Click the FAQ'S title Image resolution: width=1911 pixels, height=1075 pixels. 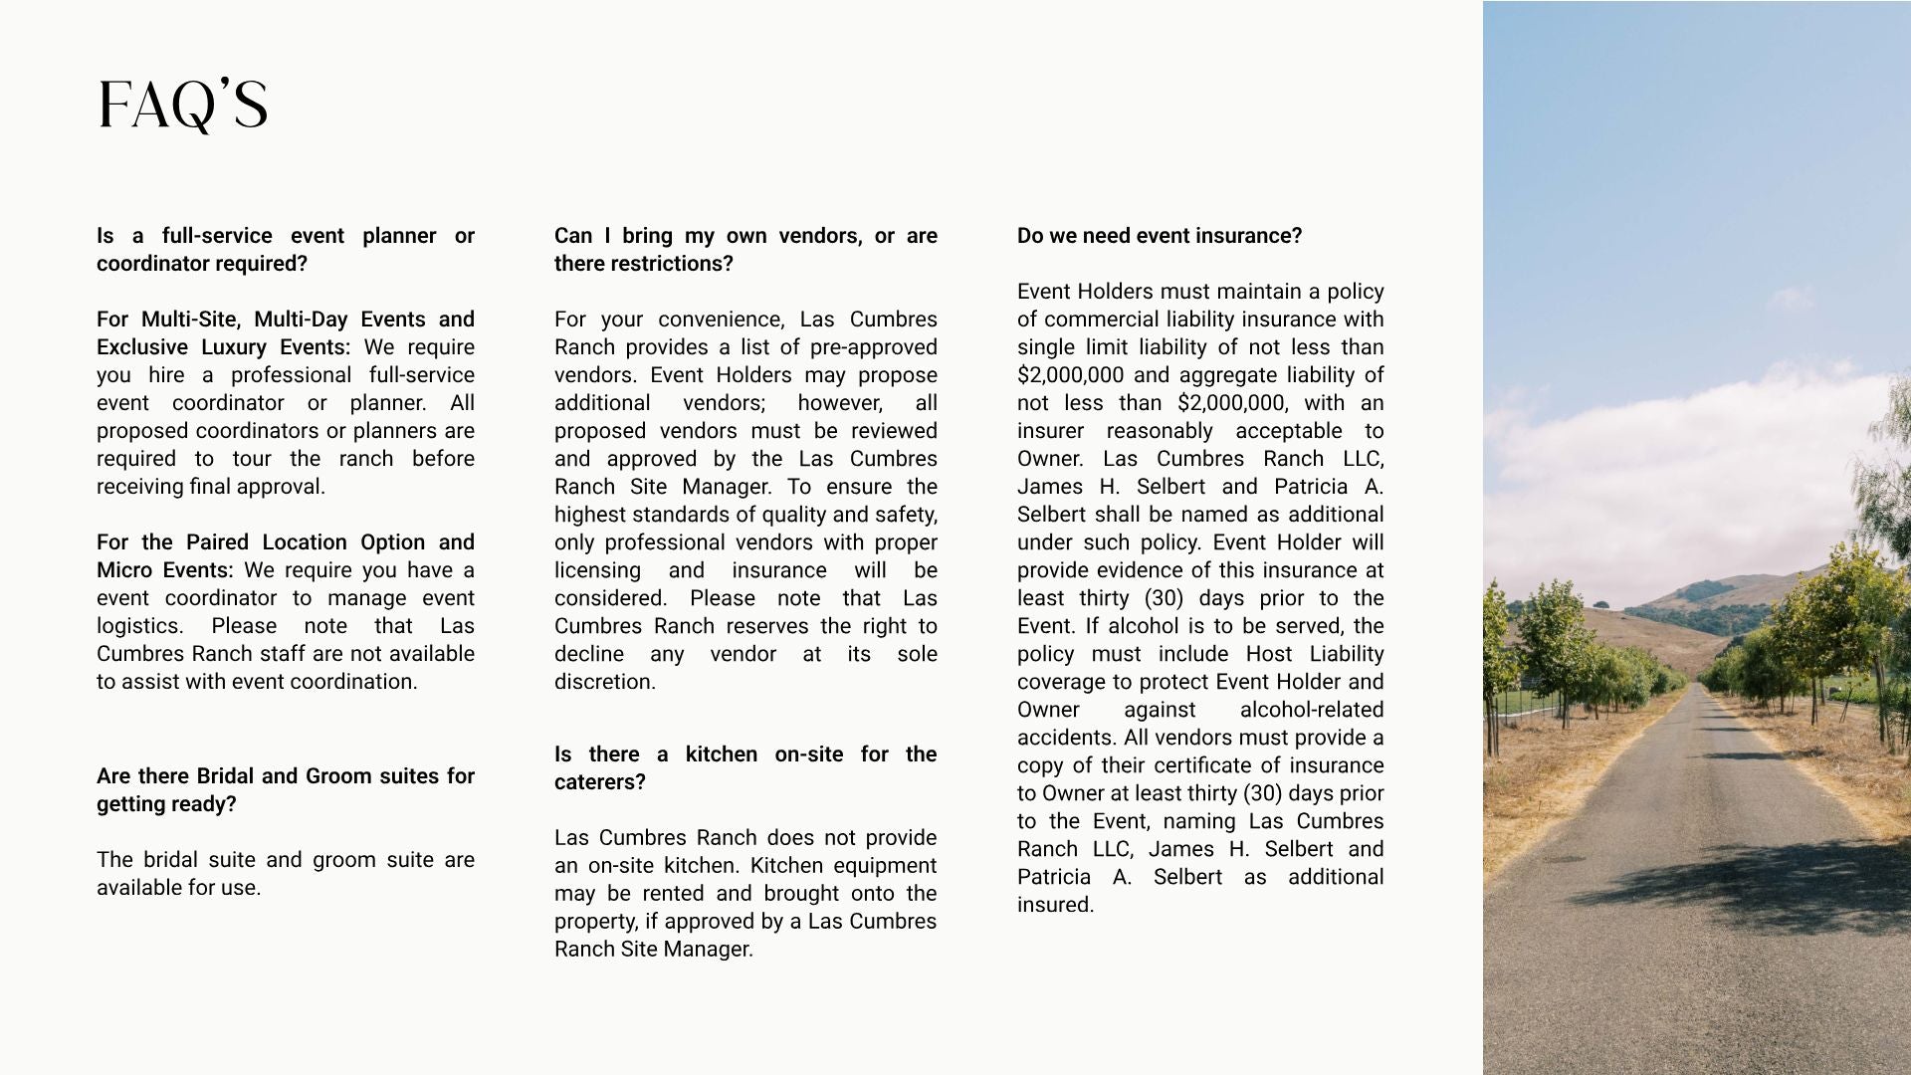183,106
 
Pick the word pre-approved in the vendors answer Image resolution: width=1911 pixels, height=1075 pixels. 874,347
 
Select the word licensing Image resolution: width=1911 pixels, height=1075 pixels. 597,570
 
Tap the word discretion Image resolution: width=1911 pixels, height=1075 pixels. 604,682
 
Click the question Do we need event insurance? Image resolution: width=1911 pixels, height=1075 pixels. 1160,236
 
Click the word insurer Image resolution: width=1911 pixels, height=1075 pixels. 1050,431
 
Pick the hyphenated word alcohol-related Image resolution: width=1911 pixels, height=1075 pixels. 1311,710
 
